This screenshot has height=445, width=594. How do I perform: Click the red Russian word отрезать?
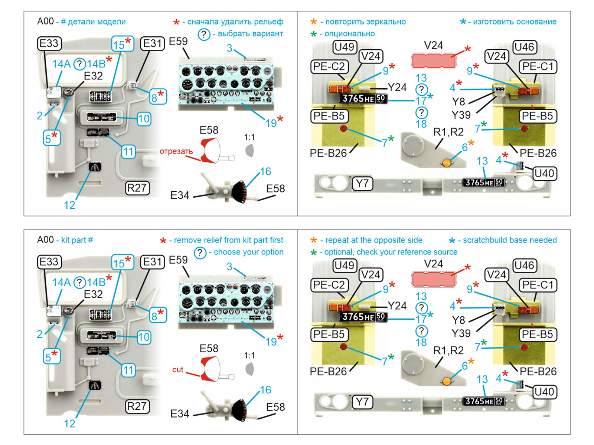pyautogui.click(x=176, y=151)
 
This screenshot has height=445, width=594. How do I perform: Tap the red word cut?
pyautogui.click(x=177, y=370)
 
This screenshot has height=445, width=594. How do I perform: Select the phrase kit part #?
pyautogui.click(x=77, y=240)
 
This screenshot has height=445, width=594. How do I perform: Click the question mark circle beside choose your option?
pyautogui.click(x=200, y=253)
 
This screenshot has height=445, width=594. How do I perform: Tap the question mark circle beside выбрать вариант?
pyautogui.click(x=204, y=34)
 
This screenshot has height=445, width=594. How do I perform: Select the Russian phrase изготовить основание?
pyautogui.click(x=515, y=22)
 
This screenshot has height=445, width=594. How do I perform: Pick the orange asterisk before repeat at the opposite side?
pyautogui.click(x=314, y=240)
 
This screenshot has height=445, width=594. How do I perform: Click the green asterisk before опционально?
pyautogui.click(x=314, y=34)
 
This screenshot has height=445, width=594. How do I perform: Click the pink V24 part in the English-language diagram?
pyautogui.click(x=434, y=279)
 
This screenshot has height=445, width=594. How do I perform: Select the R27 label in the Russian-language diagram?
pyautogui.click(x=137, y=188)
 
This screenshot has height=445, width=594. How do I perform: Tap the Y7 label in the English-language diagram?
pyautogui.click(x=362, y=402)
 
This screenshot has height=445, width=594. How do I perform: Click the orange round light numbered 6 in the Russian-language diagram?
pyautogui.click(x=447, y=163)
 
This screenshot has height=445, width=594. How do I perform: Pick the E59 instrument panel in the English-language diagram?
pyautogui.click(x=226, y=303)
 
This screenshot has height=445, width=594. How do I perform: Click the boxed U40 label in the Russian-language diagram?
pyautogui.click(x=544, y=173)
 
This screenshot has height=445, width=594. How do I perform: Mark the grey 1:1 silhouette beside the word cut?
pyautogui.click(x=250, y=369)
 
